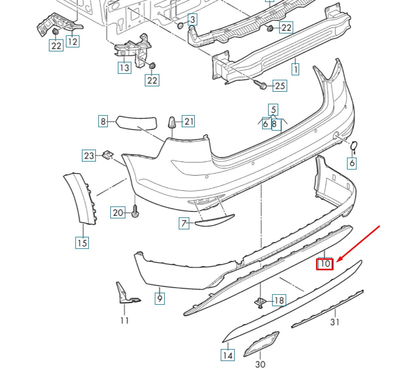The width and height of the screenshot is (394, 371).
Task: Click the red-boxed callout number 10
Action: click(325, 263)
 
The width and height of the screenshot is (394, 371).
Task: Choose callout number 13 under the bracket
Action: click(124, 67)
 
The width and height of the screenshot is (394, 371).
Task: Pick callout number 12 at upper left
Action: click(72, 41)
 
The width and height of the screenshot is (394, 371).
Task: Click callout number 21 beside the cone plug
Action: click(188, 121)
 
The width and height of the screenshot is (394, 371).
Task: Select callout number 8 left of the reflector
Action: click(103, 121)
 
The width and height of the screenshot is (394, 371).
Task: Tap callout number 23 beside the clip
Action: click(89, 156)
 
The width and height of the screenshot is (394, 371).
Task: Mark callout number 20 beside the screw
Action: click(117, 213)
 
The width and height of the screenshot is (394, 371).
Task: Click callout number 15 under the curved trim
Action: click(82, 243)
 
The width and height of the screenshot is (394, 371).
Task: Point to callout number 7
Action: click(185, 223)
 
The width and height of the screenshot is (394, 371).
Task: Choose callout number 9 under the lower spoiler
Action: click(159, 298)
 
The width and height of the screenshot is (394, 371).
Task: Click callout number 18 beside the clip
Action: click(279, 300)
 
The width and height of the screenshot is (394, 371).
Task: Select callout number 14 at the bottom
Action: click(228, 355)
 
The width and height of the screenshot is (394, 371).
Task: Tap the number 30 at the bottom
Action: click(260, 365)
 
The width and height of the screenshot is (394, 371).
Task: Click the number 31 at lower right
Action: click(335, 322)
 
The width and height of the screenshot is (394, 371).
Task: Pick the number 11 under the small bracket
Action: click(124, 320)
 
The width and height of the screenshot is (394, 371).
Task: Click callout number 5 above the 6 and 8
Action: click(273, 109)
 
